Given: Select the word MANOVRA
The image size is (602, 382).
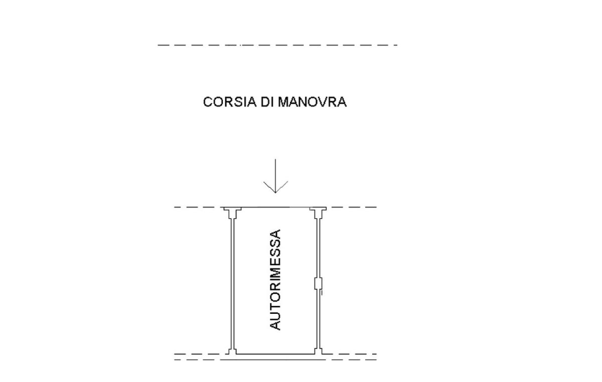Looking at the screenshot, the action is [x=312, y=102].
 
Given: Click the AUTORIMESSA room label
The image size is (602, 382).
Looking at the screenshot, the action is [x=275, y=280].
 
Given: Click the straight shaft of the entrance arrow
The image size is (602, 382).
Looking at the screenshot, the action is [x=276, y=173].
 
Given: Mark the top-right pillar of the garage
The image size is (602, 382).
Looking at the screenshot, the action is [x=318, y=213].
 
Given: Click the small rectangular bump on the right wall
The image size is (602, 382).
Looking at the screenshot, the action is [x=318, y=284].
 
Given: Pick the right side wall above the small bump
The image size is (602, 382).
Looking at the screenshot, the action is [x=318, y=246].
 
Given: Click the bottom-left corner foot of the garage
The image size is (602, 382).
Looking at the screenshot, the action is [x=231, y=351].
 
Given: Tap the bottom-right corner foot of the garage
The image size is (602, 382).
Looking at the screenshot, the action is [x=320, y=351].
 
